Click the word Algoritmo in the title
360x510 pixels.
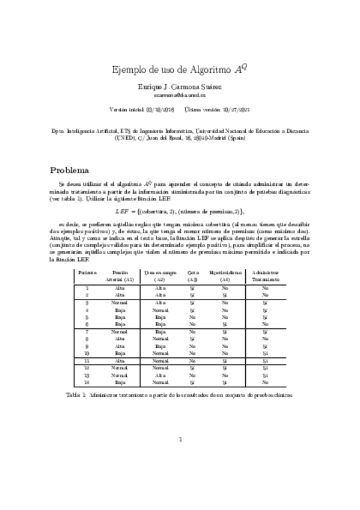[194, 69]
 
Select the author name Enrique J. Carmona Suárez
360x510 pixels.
[180, 87]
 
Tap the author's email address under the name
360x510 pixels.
[180, 95]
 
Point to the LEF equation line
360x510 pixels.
[180, 211]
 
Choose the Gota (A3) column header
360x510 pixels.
[192, 275]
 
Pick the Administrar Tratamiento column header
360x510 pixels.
[264, 275]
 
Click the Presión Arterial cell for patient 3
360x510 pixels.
[120, 303]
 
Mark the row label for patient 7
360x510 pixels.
[87, 331]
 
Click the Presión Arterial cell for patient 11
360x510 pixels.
[120, 360]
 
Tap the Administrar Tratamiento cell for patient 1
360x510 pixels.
[264, 289]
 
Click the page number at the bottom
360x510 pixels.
[180, 439]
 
